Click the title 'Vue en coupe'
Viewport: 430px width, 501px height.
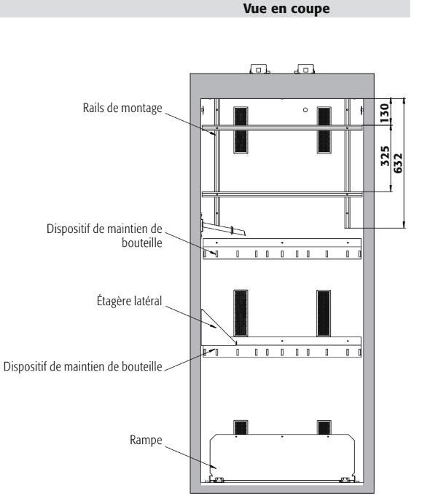286,9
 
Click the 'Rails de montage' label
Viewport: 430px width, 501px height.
122,108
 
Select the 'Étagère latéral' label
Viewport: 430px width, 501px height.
130,301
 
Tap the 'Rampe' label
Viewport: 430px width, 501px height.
146,441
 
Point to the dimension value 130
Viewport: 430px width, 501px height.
385,113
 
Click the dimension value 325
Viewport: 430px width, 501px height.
386,156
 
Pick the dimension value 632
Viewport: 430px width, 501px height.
398,164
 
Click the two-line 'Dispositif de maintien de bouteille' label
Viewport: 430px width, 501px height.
104,236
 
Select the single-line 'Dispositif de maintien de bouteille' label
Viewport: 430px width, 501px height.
83,366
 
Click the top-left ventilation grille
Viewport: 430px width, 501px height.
241,130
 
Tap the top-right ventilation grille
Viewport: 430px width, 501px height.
324,130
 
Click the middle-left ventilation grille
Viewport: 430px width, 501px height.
241,313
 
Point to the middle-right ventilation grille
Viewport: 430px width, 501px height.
324,313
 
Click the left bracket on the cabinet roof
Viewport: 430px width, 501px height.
259,69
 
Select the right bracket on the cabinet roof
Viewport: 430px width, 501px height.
305,69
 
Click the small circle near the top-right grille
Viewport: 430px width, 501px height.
305,110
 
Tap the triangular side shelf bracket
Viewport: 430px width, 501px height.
219,328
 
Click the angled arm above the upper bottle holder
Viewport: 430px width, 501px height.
223,228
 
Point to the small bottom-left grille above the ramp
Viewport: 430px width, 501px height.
241,427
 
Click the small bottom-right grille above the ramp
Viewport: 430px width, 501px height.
324,427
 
